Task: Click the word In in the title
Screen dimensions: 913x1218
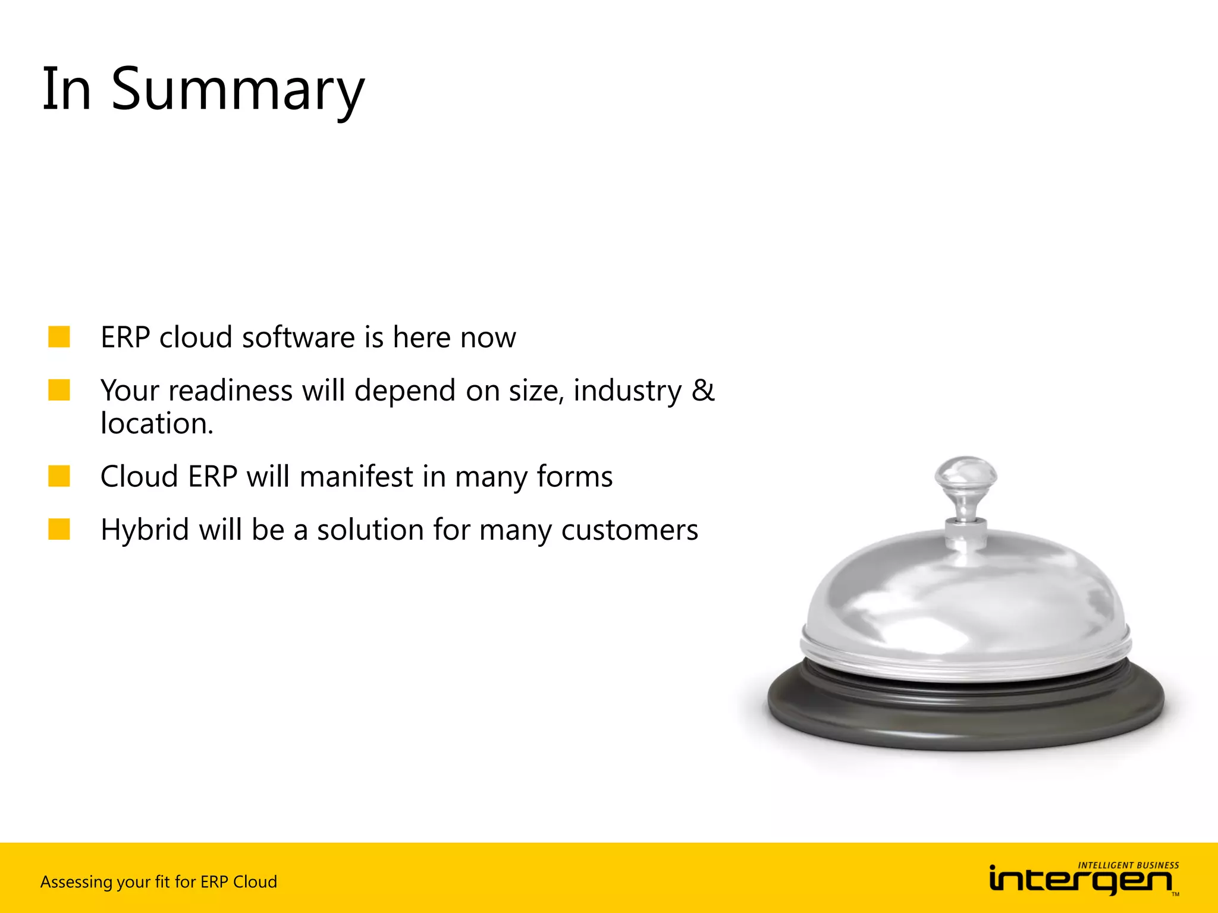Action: (67, 90)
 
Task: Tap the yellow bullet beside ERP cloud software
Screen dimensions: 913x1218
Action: (59, 336)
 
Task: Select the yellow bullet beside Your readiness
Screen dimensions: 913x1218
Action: (59, 390)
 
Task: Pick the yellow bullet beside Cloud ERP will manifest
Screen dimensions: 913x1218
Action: (59, 476)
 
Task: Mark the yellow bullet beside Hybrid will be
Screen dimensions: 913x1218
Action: (59, 529)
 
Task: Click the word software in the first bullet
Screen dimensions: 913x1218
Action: (299, 338)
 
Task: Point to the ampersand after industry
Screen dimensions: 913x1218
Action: (702, 391)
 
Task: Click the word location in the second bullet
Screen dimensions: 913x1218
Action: (156, 424)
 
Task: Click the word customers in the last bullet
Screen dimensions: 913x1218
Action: (629, 530)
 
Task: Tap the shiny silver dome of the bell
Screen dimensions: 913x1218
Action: (965, 594)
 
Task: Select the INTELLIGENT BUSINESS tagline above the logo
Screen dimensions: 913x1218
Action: (1128, 865)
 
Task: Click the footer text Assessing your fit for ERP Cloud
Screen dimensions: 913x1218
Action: (158, 881)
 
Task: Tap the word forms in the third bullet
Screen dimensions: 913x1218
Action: (574, 477)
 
